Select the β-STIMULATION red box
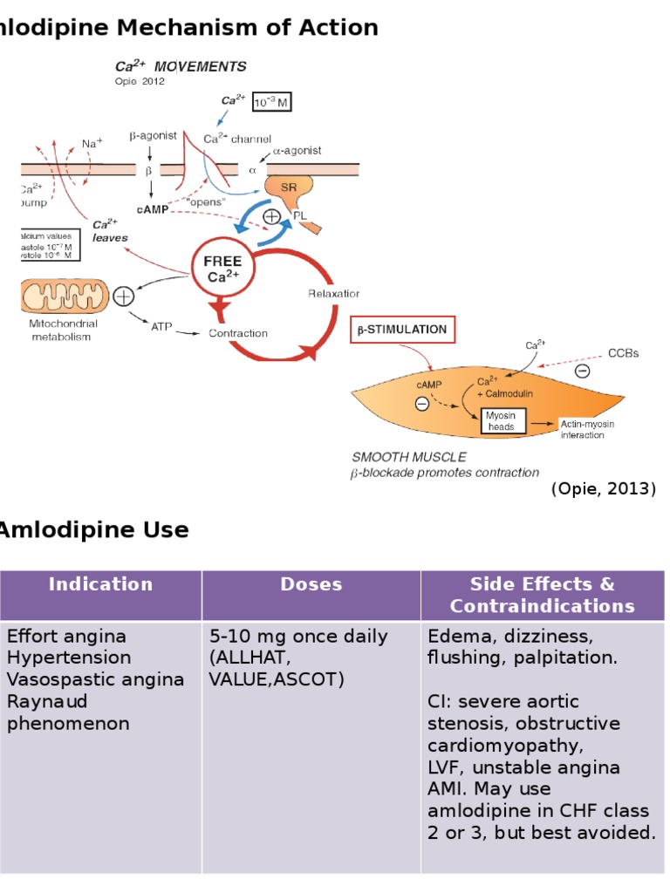click(401, 330)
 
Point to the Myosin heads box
click(501, 421)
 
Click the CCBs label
click(623, 352)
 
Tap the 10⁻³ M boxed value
click(270, 103)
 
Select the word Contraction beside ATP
click(237, 333)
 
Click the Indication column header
click(100, 584)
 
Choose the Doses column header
click(311, 584)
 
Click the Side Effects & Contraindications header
click(542, 595)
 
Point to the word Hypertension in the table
click(69, 658)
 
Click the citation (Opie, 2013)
click(603, 488)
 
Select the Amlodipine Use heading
click(93, 529)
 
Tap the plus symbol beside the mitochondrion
click(125, 296)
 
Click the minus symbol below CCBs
click(582, 371)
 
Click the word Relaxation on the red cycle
click(333, 293)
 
